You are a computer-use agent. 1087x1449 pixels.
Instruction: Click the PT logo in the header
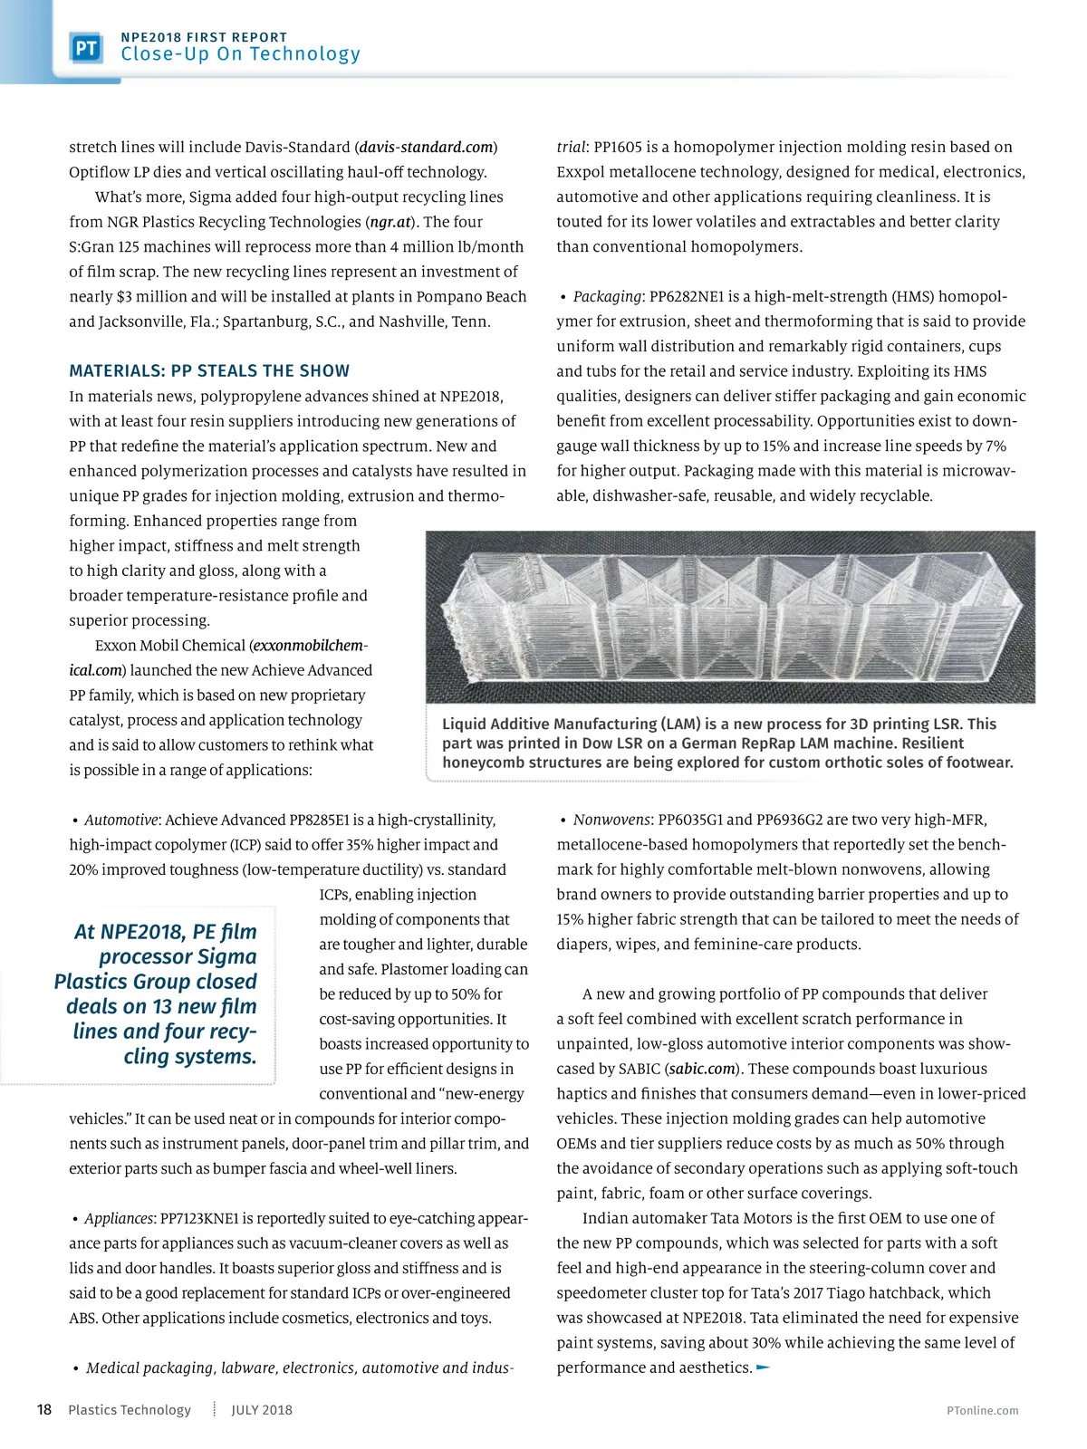(x=86, y=48)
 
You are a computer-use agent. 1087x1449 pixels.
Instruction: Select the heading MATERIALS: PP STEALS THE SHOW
(x=209, y=370)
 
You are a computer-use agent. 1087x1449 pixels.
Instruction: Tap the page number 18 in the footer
(x=43, y=1410)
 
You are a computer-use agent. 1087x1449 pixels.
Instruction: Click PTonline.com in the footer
(x=982, y=1410)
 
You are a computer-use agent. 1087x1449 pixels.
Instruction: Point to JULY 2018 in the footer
(x=262, y=1410)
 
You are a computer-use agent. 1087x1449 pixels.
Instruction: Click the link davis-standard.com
(x=427, y=147)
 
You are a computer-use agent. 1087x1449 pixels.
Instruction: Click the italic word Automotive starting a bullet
(x=121, y=820)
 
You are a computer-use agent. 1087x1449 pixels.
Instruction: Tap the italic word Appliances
(x=119, y=1218)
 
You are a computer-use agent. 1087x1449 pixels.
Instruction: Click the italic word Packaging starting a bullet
(x=607, y=296)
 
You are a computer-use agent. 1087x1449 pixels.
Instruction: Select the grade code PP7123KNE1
(x=198, y=1218)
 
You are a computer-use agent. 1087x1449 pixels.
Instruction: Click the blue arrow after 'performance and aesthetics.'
(x=763, y=1367)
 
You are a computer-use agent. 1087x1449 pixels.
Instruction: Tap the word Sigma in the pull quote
(x=226, y=956)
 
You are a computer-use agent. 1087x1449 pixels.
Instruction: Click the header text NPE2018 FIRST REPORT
(x=204, y=37)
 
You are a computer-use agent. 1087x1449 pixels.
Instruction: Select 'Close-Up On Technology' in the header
(x=240, y=54)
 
